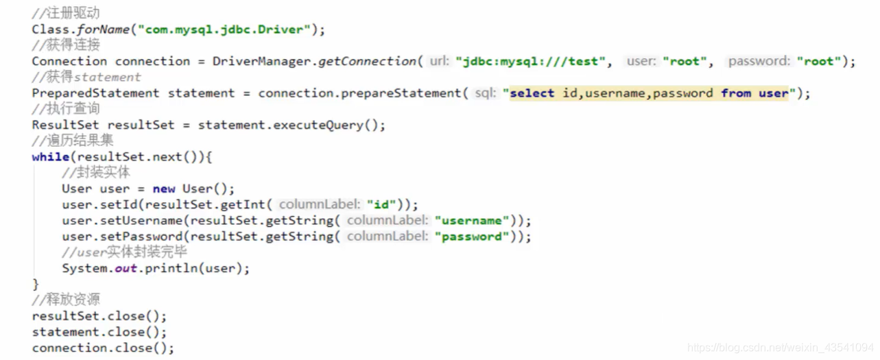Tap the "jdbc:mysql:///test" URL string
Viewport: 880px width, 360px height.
pyautogui.click(x=530, y=61)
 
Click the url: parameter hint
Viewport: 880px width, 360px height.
pyautogui.click(x=440, y=61)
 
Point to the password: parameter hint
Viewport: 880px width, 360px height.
pyautogui.click(x=759, y=61)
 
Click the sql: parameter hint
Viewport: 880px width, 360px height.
pyautogui.click(x=485, y=93)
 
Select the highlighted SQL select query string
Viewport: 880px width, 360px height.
pyautogui.click(x=648, y=93)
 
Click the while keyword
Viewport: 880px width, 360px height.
pyautogui.click(x=50, y=156)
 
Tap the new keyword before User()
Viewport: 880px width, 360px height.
pyautogui.click(x=164, y=189)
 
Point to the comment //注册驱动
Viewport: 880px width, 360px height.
pyautogui.click(x=65, y=13)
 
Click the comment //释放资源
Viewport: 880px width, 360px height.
pyautogui.click(x=65, y=300)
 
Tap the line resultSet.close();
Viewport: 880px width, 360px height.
pyautogui.click(x=99, y=316)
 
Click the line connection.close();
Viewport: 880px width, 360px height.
pyautogui.click(x=103, y=348)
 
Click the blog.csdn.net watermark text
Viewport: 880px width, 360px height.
pyautogui.click(x=781, y=348)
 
